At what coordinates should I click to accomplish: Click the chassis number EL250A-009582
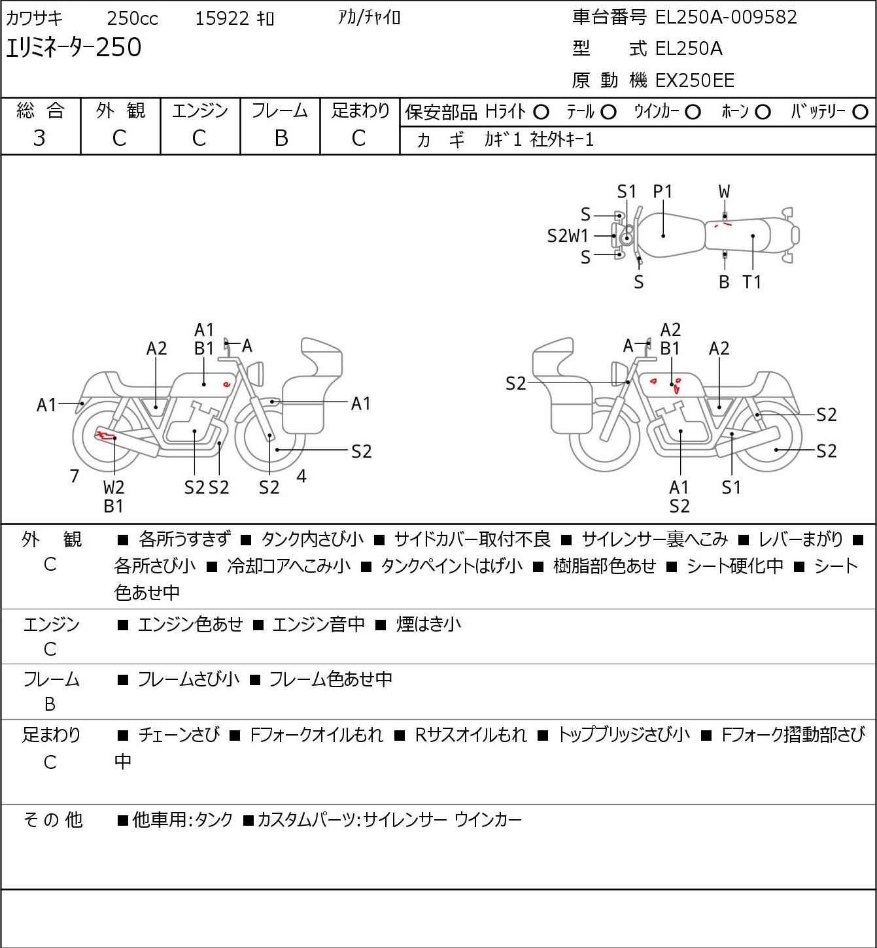pyautogui.click(x=725, y=18)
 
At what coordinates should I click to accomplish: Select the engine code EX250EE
pyautogui.click(x=695, y=80)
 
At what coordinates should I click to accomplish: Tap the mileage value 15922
pyautogui.click(x=222, y=18)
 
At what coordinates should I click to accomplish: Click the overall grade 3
pyautogui.click(x=39, y=138)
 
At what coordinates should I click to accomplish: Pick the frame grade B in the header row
pyautogui.click(x=281, y=138)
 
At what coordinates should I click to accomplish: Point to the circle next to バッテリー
pyautogui.click(x=860, y=112)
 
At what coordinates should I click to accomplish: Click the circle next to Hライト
pyautogui.click(x=541, y=112)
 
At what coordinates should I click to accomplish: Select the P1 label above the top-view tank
pyautogui.click(x=662, y=192)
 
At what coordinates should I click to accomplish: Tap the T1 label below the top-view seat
pyautogui.click(x=752, y=282)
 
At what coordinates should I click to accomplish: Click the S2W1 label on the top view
pyautogui.click(x=568, y=236)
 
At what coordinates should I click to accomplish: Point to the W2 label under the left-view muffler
pyautogui.click(x=114, y=487)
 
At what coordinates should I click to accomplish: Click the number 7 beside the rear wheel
pyautogui.click(x=74, y=476)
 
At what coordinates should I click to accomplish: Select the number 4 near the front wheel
pyautogui.click(x=301, y=476)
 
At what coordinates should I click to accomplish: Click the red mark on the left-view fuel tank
pyautogui.click(x=226, y=384)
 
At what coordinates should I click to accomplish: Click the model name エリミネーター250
pyautogui.click(x=73, y=47)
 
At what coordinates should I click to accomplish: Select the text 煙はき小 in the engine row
pyautogui.click(x=428, y=624)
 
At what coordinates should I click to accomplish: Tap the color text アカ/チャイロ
pyautogui.click(x=369, y=18)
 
